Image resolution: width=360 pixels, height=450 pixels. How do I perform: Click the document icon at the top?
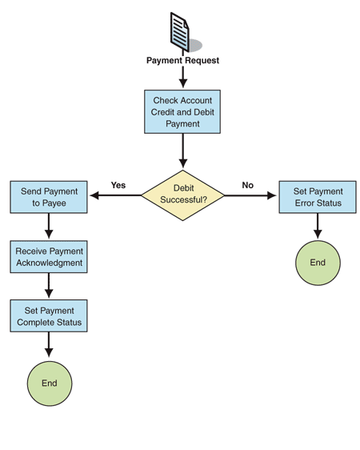point(182,32)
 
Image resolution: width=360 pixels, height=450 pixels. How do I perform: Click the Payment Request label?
point(182,61)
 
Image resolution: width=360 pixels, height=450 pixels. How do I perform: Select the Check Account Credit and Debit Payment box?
point(182,111)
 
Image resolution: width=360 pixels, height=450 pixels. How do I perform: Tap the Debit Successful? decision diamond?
point(182,195)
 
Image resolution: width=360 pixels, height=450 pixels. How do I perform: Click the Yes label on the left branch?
point(118,185)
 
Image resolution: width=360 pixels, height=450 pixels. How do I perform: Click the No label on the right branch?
point(247,185)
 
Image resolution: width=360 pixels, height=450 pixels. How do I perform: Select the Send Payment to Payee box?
point(49,198)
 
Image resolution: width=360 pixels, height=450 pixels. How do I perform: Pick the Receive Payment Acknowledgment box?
point(49,257)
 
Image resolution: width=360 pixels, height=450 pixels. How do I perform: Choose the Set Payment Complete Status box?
point(49,316)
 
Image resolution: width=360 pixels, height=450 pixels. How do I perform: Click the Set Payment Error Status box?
point(318,197)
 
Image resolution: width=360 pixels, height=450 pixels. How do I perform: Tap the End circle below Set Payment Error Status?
point(318,262)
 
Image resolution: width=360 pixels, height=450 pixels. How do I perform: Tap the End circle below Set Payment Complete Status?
point(49,383)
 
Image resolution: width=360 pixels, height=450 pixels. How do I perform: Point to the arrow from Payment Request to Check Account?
point(182,77)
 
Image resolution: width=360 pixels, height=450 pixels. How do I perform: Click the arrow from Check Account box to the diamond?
point(182,150)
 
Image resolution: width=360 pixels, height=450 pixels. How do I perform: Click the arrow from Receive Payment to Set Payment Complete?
point(49,286)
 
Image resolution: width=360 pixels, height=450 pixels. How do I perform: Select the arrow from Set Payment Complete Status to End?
point(49,345)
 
